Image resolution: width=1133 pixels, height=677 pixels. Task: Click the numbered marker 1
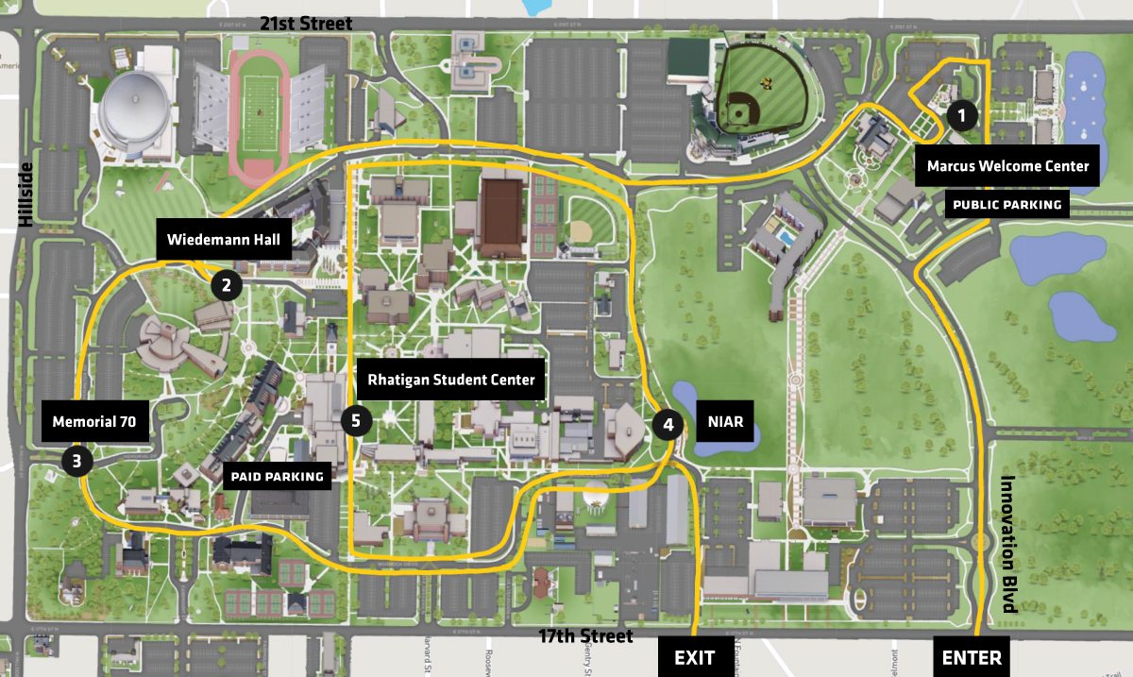click(x=961, y=116)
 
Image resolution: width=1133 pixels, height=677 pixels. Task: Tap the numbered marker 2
click(x=226, y=284)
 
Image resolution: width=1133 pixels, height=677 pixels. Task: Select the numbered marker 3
click(x=76, y=461)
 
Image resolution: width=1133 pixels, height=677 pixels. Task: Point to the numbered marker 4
click(x=668, y=425)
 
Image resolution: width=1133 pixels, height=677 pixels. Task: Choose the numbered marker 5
click(x=356, y=421)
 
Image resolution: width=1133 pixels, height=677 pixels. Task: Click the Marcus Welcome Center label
click(x=1007, y=166)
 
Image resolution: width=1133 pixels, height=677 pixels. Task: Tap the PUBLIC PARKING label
click(x=1006, y=204)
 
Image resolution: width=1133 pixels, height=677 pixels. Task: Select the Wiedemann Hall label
click(x=224, y=241)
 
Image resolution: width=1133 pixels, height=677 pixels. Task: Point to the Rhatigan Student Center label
click(x=451, y=380)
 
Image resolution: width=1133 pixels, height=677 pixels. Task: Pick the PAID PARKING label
click(x=278, y=477)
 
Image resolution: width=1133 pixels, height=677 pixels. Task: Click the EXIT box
click(x=694, y=657)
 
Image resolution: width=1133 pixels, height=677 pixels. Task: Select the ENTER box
click(x=972, y=657)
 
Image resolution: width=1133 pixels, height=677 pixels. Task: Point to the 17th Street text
click(x=586, y=636)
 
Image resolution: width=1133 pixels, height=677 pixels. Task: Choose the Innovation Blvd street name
click(x=1007, y=544)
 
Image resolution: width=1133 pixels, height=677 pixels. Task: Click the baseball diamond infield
click(x=736, y=112)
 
